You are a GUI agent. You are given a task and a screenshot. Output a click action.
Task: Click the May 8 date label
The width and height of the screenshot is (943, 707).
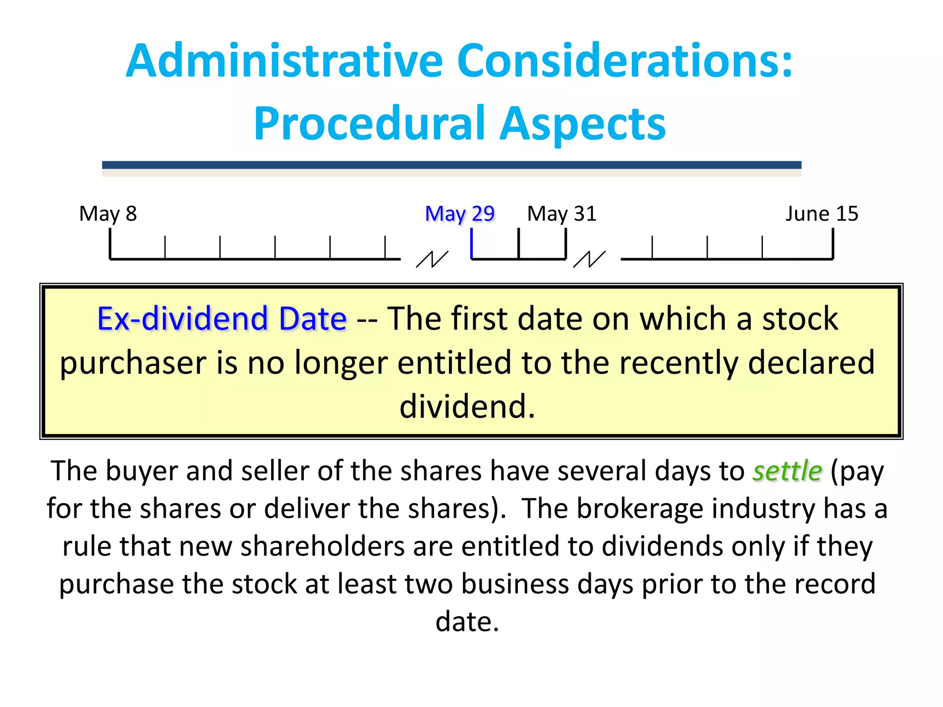point(108,214)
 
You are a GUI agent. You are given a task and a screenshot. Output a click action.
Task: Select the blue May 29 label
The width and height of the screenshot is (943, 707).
point(460,214)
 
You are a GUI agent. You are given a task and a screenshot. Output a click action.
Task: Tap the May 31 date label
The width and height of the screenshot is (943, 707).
point(562,214)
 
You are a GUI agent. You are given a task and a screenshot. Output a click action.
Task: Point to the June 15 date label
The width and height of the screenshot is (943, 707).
point(822,214)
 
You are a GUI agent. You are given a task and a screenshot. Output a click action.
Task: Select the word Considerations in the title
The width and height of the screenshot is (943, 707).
point(625,61)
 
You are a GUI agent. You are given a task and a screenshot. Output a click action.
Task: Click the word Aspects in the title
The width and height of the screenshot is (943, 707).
point(583,123)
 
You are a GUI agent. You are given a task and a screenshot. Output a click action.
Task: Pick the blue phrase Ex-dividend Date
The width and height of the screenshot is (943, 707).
point(222,319)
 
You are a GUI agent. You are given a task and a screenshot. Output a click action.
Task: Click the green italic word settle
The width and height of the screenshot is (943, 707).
point(787,471)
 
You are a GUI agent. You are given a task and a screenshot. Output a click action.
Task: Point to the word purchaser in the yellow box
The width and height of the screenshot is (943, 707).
point(134,363)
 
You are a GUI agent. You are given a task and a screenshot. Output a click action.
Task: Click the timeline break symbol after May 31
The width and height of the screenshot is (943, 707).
point(589,259)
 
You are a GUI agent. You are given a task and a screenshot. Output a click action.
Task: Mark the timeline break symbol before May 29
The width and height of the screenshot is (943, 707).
point(432,259)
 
